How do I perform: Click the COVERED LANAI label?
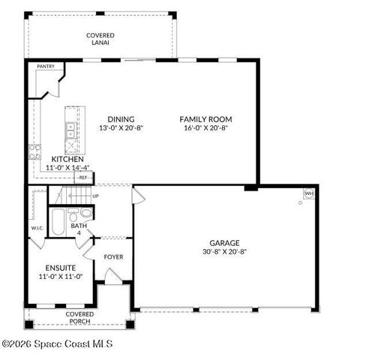coord(100,39)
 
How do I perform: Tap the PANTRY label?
coord(46,67)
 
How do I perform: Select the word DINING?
coord(121,119)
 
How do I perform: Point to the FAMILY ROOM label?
coord(205,119)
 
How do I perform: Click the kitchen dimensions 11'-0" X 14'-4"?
coord(68,168)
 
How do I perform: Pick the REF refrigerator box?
coord(83,177)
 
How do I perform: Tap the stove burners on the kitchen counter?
coord(34,152)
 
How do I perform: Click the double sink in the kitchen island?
coord(70,132)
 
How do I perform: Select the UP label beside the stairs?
coord(95,196)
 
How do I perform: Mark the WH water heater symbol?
coord(308,193)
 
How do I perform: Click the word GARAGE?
coord(224,243)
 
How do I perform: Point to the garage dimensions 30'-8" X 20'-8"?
coord(224,252)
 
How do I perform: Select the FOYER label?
coord(113,257)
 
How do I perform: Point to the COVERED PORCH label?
coord(79,317)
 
